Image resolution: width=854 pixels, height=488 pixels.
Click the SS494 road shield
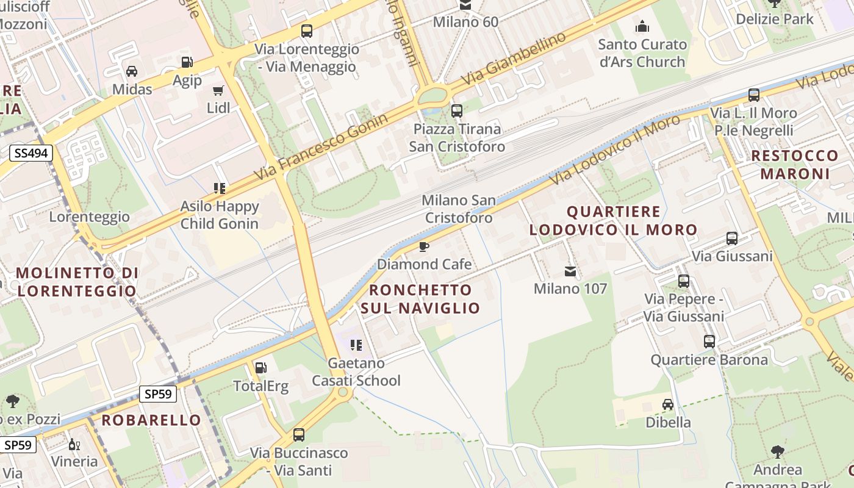click(30, 153)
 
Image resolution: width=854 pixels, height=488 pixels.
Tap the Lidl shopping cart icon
click(218, 91)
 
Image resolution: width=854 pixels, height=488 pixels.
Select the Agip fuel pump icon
click(187, 62)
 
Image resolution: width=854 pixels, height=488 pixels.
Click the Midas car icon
click(131, 71)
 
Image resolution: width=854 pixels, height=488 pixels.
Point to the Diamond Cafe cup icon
click(424, 246)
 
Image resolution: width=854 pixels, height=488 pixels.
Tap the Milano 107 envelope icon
click(570, 271)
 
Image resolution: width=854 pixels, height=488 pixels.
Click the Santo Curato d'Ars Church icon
click(642, 27)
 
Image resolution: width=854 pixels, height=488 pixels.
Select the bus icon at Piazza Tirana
click(456, 111)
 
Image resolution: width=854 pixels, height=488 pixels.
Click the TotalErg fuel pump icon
click(260, 368)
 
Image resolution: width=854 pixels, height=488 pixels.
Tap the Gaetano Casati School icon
click(356, 346)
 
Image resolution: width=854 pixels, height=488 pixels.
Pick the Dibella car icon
click(668, 404)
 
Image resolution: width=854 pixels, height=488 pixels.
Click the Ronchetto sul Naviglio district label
click(420, 298)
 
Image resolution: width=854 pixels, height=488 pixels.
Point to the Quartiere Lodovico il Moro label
click(613, 221)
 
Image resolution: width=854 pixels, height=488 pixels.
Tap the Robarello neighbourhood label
click(151, 420)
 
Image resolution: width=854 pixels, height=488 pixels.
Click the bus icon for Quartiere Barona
click(709, 342)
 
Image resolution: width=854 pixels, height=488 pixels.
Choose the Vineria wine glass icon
click(74, 444)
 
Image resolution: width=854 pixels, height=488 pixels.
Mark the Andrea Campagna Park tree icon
click(777, 452)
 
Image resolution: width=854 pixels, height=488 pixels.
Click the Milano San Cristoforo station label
click(459, 209)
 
